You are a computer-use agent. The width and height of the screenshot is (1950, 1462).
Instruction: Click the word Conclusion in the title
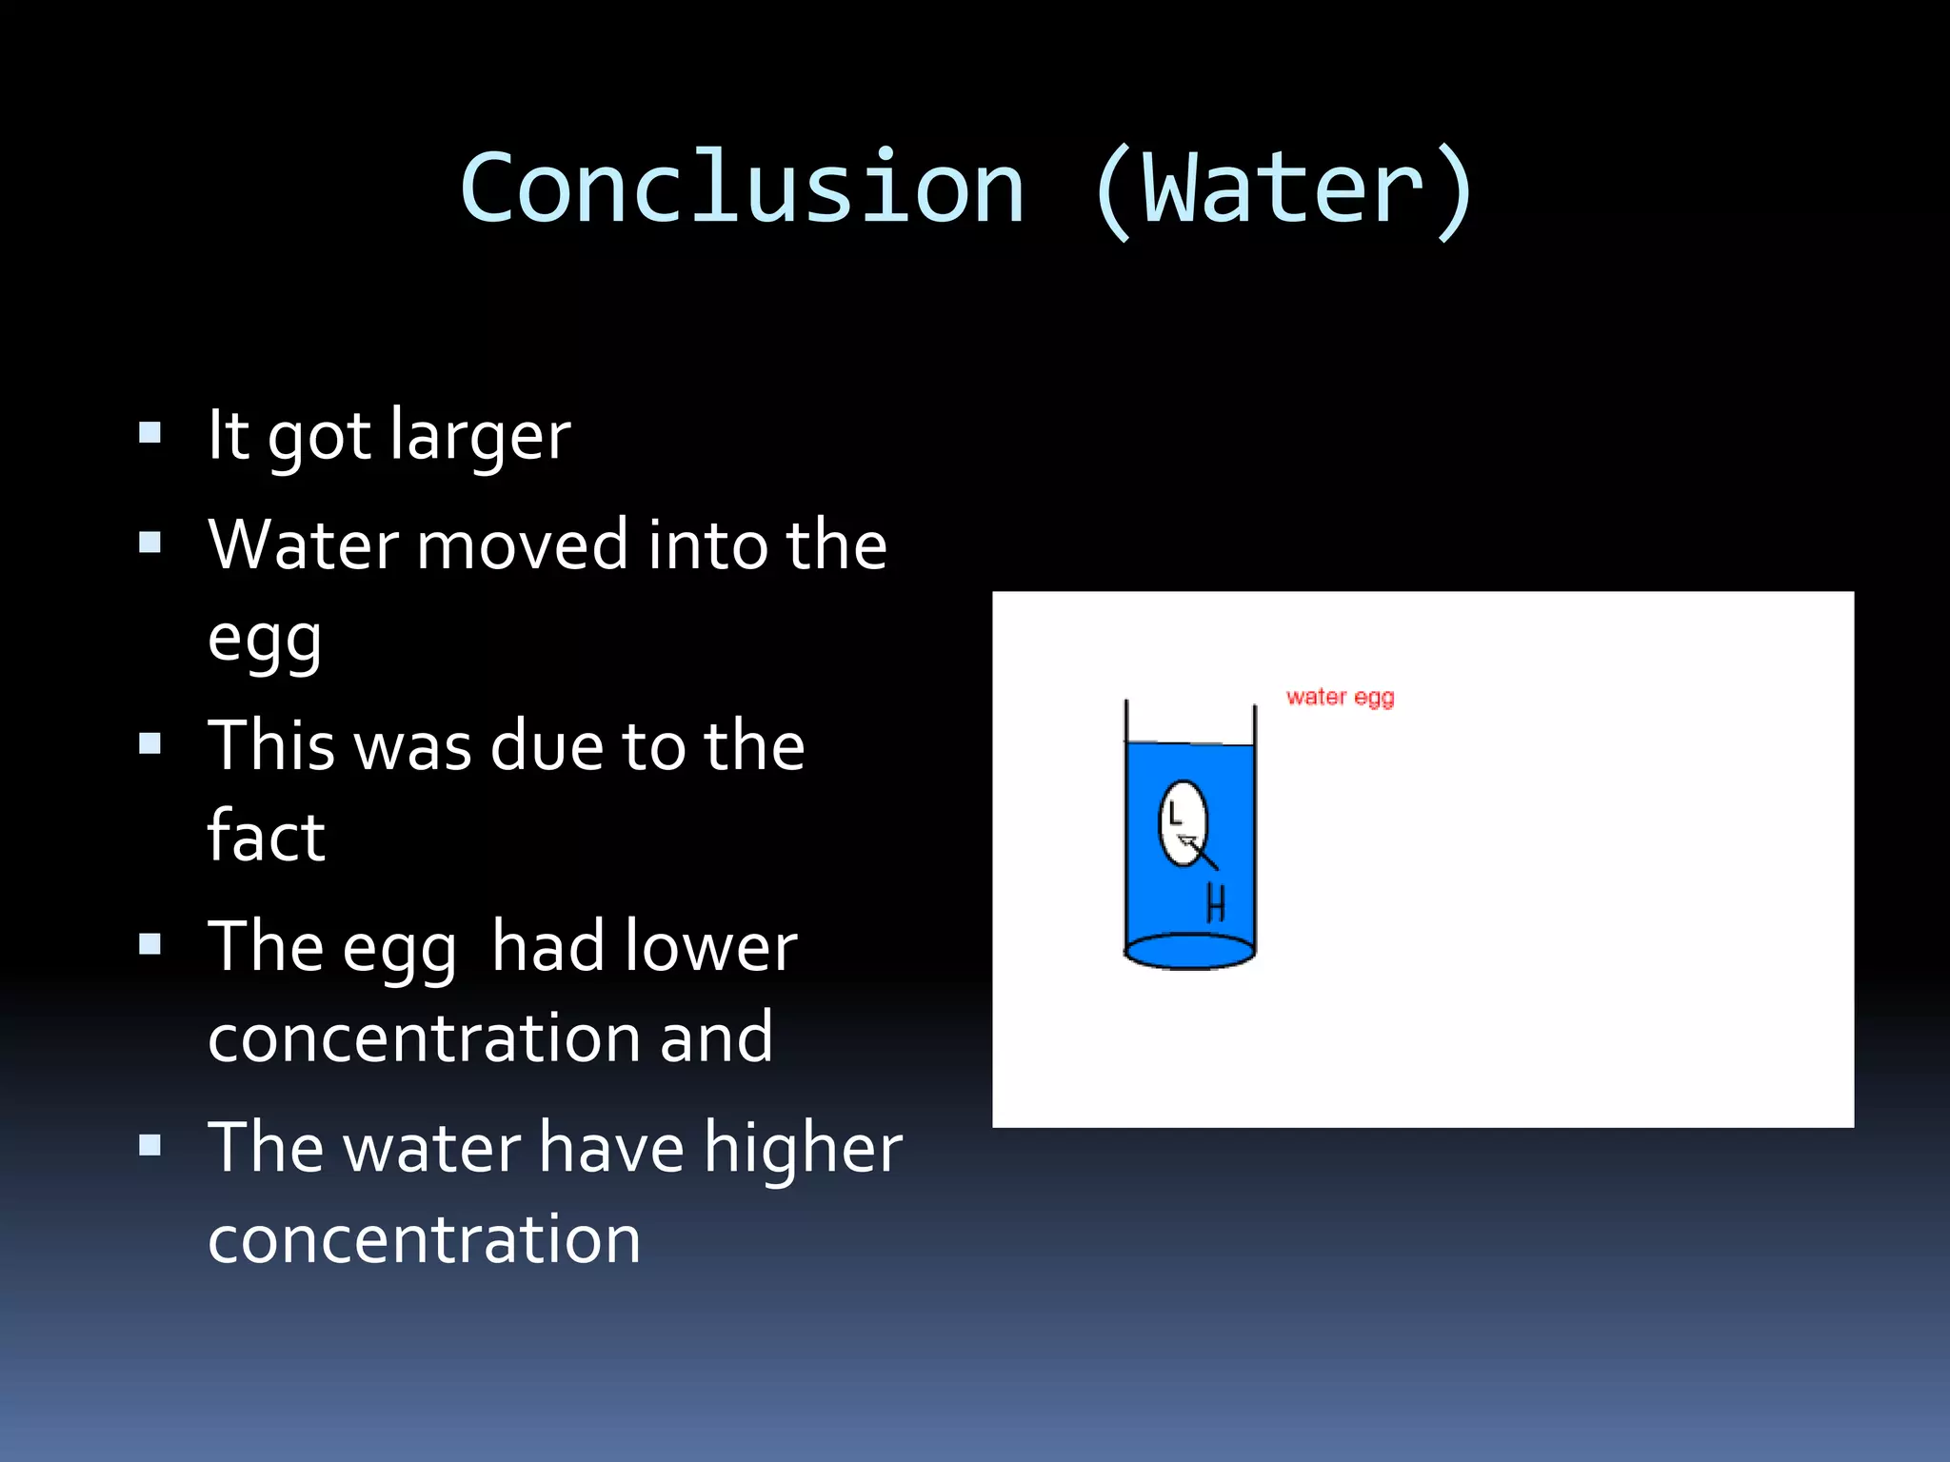[x=743, y=188]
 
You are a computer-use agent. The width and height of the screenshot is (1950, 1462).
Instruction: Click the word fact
[x=267, y=837]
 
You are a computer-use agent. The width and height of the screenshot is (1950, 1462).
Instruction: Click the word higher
[x=803, y=1149]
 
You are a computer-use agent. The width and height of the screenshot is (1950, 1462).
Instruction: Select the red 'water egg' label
[x=1340, y=698]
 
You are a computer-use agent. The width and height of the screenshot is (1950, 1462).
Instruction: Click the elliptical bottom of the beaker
[x=1189, y=951]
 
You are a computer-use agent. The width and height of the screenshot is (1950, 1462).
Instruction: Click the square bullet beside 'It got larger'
[x=149, y=434]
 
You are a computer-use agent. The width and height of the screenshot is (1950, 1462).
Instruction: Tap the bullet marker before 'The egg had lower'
[x=149, y=944]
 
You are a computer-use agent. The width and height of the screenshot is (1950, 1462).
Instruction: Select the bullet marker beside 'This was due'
[x=149, y=743]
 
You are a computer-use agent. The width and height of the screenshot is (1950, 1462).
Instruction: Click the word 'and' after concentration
[x=716, y=1038]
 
